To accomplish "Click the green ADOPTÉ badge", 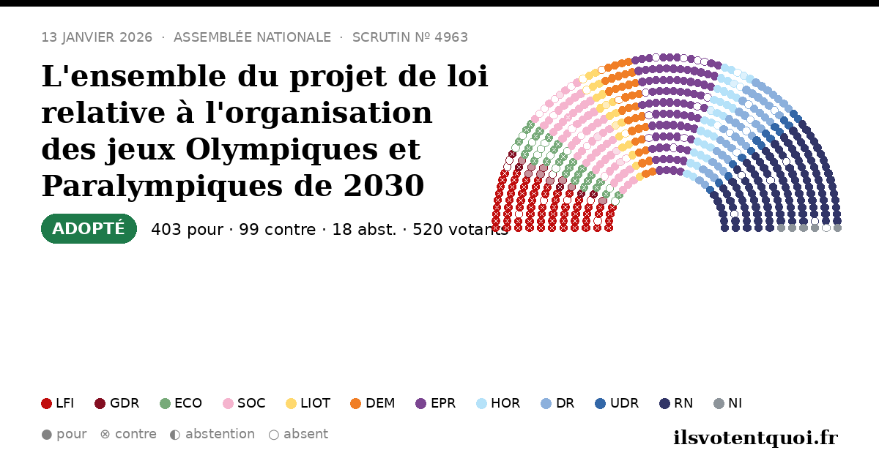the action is coord(89,228).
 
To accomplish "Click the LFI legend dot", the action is coord(46,403).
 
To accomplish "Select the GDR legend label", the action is coord(125,403).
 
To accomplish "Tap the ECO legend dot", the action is coord(166,403).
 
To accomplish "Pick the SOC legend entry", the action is coord(244,403).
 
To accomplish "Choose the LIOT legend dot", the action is coord(292,403).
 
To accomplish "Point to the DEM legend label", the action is coord(380,403).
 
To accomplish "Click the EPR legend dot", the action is coord(420,403).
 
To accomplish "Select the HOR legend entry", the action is coord(498,403).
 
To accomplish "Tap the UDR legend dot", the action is coord(601,403).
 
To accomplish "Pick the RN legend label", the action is coord(683,403).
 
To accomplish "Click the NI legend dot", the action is coord(719,403).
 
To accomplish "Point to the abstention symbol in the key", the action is coord(175,435).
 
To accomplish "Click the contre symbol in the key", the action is coord(105,435).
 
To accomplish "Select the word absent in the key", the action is coord(305,434).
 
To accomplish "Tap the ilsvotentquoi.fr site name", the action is coord(755,438).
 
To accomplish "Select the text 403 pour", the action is coord(187,229).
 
